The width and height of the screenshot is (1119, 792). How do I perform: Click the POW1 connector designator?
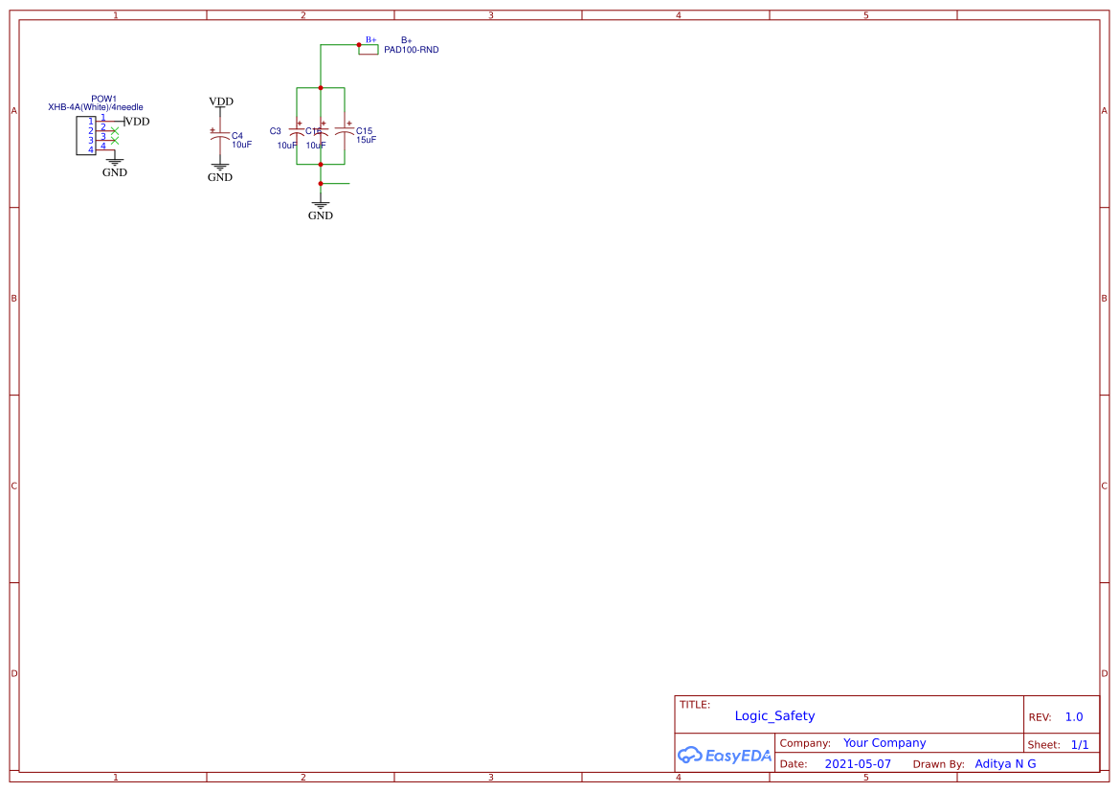[x=103, y=99]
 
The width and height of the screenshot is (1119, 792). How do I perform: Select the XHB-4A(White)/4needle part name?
[x=96, y=107]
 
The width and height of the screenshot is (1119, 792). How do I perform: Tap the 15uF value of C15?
[x=366, y=140]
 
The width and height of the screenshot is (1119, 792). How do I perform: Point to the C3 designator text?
[x=276, y=131]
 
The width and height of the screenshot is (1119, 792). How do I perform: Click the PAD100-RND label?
[x=411, y=50]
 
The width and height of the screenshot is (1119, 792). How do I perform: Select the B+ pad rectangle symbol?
[x=369, y=50]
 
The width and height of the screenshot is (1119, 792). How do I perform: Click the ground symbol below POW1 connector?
[x=114, y=163]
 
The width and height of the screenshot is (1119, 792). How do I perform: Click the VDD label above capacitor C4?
[x=221, y=102]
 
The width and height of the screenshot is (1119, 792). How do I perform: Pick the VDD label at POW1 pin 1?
[x=138, y=122]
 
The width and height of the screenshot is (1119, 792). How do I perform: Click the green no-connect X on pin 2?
[x=115, y=130]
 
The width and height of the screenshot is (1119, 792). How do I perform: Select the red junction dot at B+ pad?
[x=359, y=45]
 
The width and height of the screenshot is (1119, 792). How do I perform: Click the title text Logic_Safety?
[x=774, y=715]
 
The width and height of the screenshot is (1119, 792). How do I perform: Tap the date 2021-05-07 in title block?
[x=857, y=764]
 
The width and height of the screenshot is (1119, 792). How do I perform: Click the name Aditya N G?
[x=1005, y=764]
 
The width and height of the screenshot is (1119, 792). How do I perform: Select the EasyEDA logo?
[x=724, y=756]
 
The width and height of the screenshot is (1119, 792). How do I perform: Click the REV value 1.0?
[x=1073, y=717]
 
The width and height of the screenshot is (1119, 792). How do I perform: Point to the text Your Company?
[x=884, y=743]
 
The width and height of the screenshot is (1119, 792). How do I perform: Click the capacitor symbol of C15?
[x=344, y=130]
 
